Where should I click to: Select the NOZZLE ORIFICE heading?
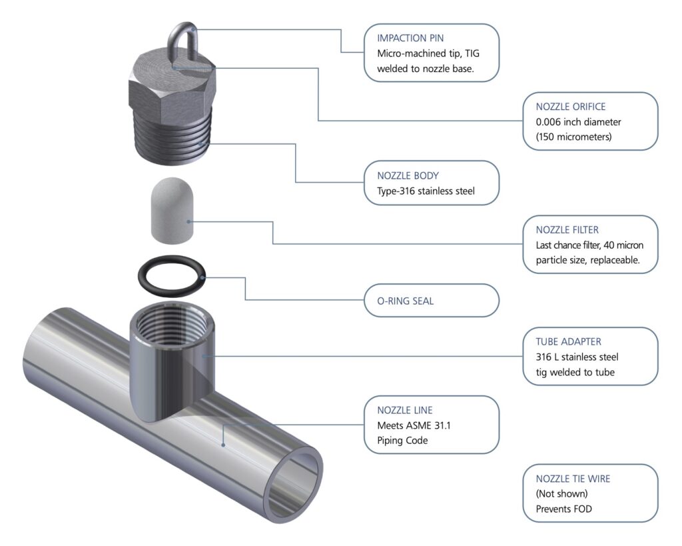click(571, 106)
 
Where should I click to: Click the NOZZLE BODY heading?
click(408, 176)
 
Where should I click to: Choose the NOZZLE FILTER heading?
click(567, 230)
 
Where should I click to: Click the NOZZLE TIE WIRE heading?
click(573, 479)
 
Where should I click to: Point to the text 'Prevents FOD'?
click(564, 509)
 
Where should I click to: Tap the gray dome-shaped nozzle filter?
click(170, 209)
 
